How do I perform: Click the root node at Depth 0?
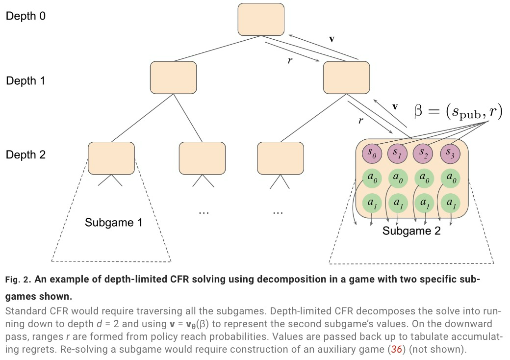pyautogui.click(x=261, y=19)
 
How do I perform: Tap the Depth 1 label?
pyautogui.click(x=25, y=80)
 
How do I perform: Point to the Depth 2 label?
pyautogui.click(x=25, y=155)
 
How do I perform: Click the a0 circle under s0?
pyautogui.click(x=372, y=179)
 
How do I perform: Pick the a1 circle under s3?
pyautogui.click(x=450, y=203)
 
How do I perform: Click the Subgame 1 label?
pyautogui.click(x=113, y=222)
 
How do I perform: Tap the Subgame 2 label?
pyautogui.click(x=411, y=231)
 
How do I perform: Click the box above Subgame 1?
pyautogui.click(x=111, y=158)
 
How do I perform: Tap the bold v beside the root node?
pyautogui.click(x=331, y=38)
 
